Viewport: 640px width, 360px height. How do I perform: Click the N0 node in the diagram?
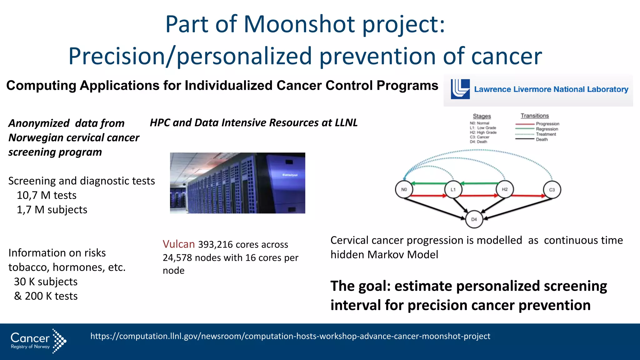tap(404, 189)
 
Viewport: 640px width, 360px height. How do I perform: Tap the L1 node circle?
tap(453, 189)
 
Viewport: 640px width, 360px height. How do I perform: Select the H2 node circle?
tap(505, 189)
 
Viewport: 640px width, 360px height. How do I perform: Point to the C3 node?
tap(552, 190)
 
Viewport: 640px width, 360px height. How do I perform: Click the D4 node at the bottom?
tap(474, 219)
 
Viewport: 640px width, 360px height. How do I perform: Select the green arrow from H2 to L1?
tap(480, 183)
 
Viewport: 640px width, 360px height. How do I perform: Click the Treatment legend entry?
tap(546, 134)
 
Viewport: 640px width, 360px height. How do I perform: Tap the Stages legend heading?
tap(482, 116)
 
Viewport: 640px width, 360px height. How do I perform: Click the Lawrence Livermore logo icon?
tap(460, 89)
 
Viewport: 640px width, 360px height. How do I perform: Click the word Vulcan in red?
tap(179, 244)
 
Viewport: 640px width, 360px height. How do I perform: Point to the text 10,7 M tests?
tap(47, 195)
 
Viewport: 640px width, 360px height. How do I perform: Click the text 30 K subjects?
tap(46, 282)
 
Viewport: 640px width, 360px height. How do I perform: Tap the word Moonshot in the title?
tap(299, 24)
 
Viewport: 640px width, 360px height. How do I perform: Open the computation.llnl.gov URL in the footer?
tap(290, 336)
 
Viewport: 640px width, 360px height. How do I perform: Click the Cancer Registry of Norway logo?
tap(38, 341)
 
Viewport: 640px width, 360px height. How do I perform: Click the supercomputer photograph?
tap(237, 183)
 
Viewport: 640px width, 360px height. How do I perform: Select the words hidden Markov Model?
tap(384, 255)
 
